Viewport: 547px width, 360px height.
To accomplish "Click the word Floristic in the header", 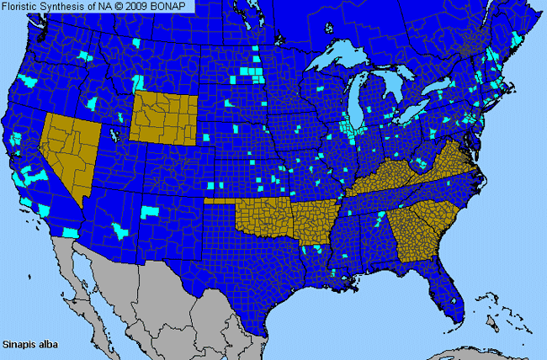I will [27, 6].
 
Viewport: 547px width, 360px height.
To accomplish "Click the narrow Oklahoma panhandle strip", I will [220, 202].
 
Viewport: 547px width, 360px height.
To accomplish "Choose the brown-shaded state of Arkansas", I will [312, 222].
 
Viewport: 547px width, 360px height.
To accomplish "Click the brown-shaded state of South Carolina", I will [442, 214].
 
